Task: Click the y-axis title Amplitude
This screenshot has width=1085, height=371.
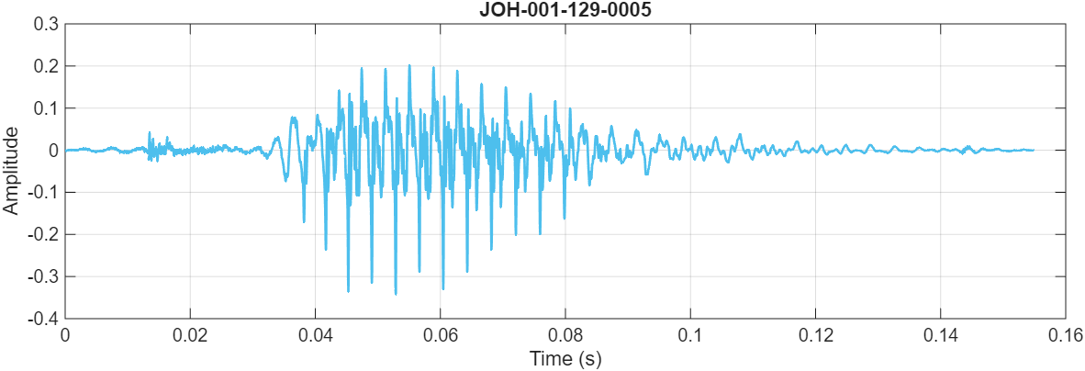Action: point(11,171)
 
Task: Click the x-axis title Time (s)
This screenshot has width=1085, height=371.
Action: point(565,359)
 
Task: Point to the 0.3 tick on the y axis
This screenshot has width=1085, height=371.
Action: point(44,24)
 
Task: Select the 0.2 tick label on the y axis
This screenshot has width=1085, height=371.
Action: point(44,66)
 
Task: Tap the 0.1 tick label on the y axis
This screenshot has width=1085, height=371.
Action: point(44,108)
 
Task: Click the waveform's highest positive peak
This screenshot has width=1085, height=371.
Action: point(409,65)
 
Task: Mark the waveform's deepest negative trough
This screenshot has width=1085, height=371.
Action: point(396,294)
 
